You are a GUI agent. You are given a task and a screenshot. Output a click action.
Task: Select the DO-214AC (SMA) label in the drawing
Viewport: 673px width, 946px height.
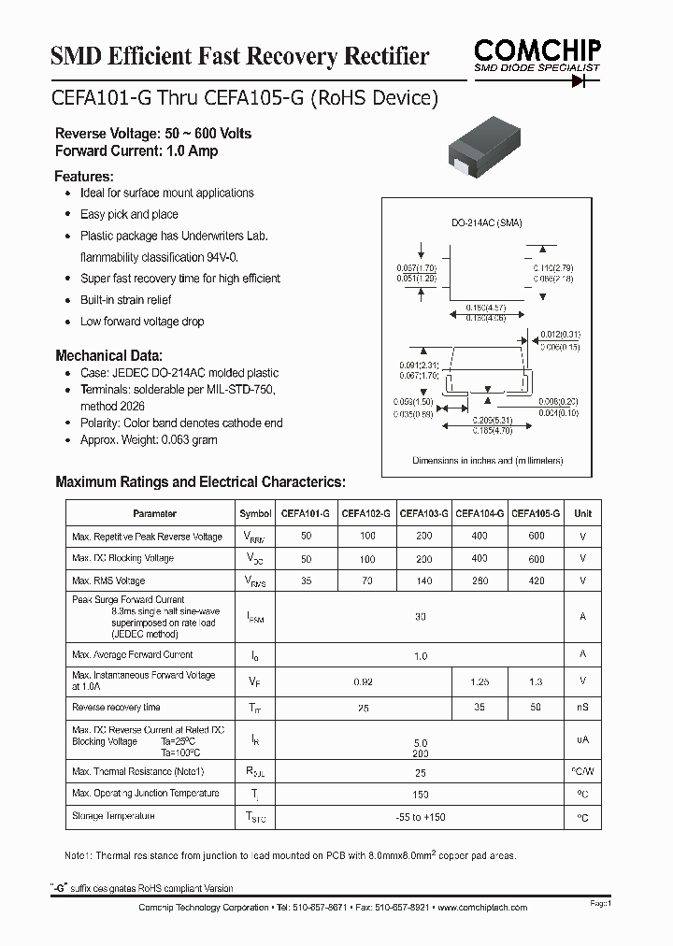point(487,222)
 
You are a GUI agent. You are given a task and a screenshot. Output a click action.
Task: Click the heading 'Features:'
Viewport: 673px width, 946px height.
point(84,177)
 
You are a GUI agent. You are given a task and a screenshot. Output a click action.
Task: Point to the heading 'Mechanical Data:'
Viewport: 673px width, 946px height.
point(108,356)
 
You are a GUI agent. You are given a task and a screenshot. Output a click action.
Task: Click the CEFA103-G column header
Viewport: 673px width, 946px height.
point(423,513)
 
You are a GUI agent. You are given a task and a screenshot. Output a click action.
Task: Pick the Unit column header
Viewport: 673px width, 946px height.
point(582,513)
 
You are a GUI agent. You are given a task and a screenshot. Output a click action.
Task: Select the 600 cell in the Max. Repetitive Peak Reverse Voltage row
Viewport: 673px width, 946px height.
point(536,537)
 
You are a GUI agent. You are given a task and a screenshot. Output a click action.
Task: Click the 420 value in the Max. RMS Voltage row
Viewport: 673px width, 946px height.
point(536,580)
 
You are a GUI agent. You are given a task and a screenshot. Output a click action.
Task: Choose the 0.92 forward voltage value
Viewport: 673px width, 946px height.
point(364,682)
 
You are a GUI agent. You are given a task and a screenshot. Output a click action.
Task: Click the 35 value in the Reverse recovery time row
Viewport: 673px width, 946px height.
point(480,708)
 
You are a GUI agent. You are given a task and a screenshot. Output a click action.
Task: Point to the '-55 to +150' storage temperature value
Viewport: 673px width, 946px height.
point(420,817)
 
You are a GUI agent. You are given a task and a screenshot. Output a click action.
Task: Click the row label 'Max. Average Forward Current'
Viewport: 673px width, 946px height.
point(133,654)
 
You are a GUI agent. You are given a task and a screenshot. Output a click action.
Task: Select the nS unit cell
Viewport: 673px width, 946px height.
point(582,708)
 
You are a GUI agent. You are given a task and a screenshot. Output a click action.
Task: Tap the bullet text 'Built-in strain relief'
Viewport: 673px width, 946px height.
point(125,300)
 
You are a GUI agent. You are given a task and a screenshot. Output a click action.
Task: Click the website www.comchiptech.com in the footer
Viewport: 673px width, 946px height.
point(482,908)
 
